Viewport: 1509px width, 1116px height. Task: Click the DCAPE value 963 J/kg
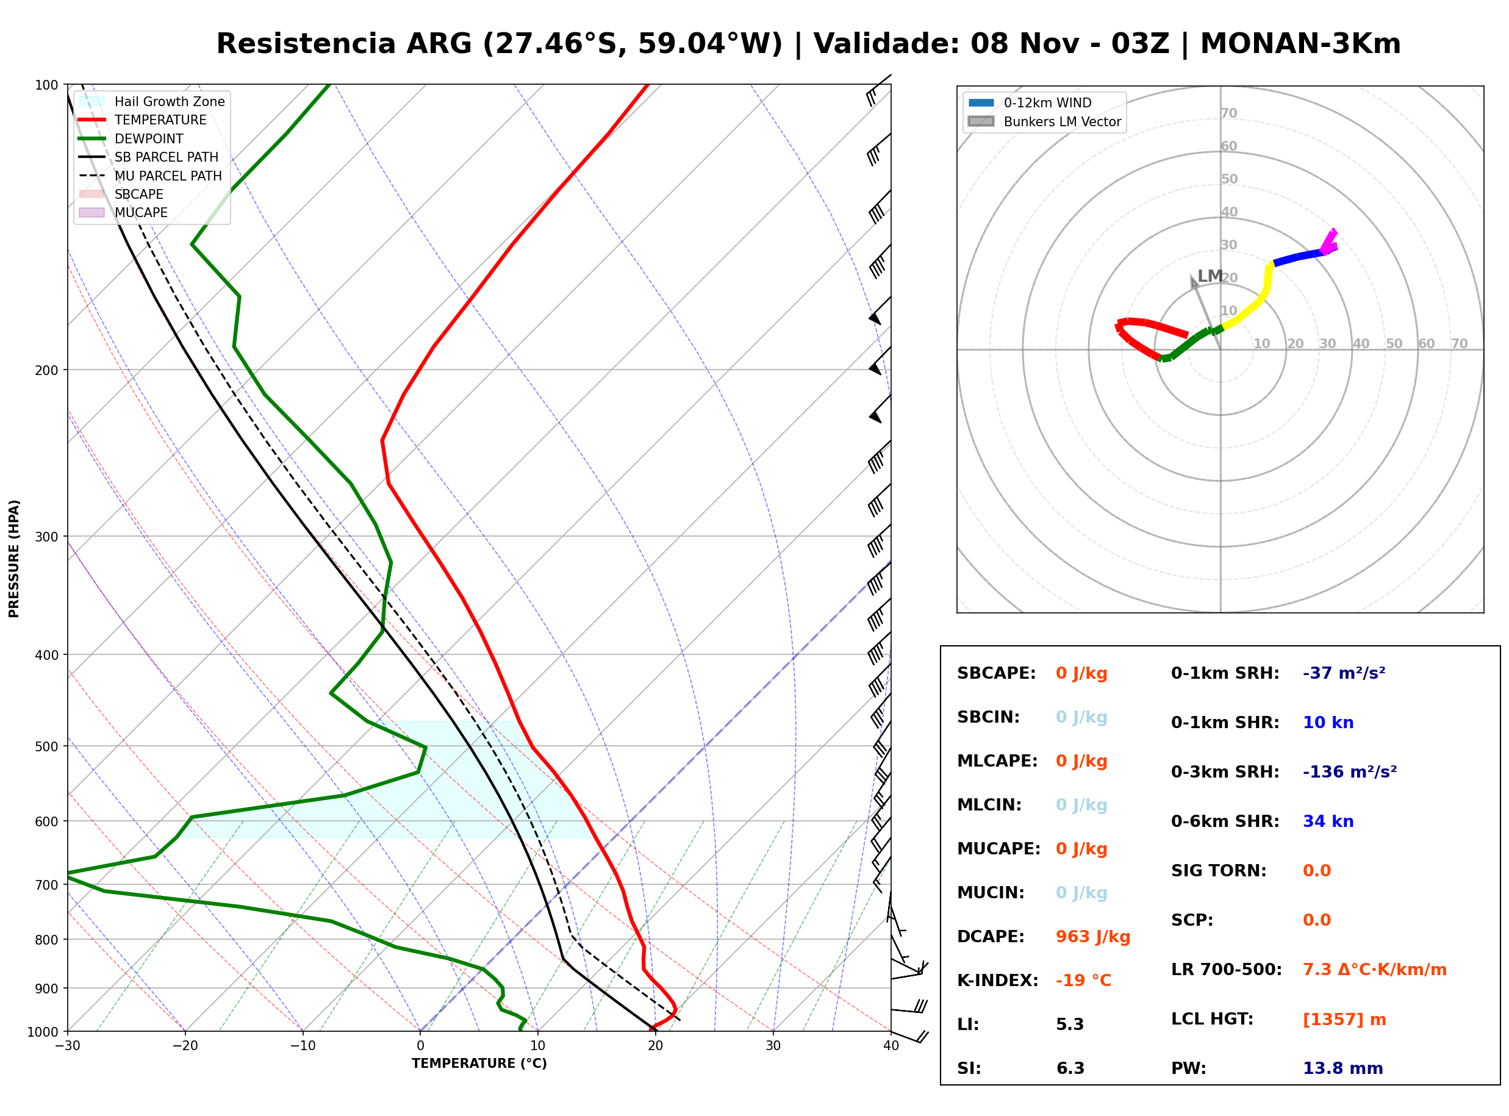pos(1092,937)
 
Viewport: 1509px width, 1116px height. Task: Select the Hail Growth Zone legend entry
pos(152,101)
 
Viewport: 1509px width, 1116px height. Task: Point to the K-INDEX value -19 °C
pos(1083,981)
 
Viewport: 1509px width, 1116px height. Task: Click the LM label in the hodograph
pos(1209,276)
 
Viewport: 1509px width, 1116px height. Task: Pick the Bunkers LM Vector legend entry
pos(1044,121)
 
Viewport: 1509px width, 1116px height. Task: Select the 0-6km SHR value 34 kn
pos(1328,821)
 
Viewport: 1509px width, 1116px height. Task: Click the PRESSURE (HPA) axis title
pos(14,559)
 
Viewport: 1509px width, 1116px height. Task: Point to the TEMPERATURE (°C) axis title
pos(479,1064)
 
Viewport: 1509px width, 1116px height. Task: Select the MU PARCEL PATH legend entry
pos(150,176)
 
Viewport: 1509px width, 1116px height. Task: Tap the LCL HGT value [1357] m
pos(1344,1020)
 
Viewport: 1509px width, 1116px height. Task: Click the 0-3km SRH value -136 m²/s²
pos(1350,771)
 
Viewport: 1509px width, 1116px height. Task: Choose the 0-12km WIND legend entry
pos(1030,102)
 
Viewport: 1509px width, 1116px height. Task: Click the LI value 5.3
pos(1069,1025)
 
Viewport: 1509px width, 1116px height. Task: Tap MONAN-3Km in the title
pos(1300,44)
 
